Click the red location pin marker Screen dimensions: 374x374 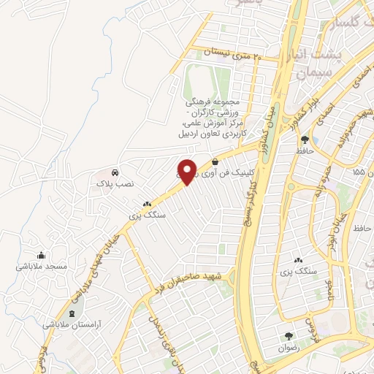[186, 172]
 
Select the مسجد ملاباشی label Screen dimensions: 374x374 [42, 267]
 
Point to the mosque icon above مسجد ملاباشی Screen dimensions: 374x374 [41, 256]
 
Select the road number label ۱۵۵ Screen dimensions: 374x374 [358, 172]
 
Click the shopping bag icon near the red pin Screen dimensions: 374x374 [215, 161]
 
